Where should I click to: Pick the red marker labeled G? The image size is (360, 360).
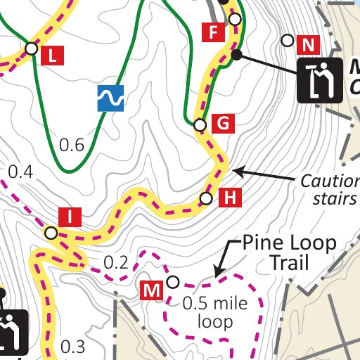(223, 124)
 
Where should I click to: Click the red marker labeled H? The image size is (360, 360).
(230, 198)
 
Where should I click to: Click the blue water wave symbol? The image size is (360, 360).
(111, 98)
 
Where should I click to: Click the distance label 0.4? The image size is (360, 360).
(20, 171)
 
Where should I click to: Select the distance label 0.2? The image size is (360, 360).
(116, 263)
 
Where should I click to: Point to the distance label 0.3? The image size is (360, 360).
(72, 346)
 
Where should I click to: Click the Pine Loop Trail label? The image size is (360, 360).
(290, 253)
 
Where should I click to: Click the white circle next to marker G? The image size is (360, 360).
(200, 125)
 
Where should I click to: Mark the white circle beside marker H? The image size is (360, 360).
(206, 199)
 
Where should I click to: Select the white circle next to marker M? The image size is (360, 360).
(172, 283)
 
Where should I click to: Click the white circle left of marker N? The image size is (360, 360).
(288, 40)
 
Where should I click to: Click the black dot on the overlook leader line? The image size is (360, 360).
(237, 55)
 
